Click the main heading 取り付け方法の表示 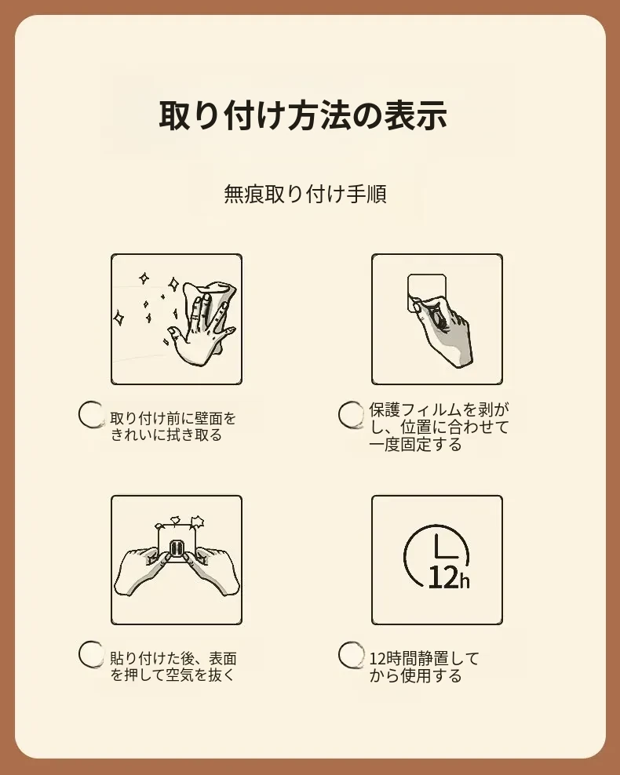[x=303, y=115]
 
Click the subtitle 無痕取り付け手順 [x=305, y=193]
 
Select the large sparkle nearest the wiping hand [x=173, y=284]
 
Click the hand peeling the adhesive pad [x=443, y=329]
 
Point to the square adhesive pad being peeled [x=425, y=292]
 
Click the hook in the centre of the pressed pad [x=177, y=549]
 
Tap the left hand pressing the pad [x=144, y=569]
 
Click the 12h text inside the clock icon [x=448, y=577]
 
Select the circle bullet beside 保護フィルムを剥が [x=352, y=414]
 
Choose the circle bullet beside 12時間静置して [x=352, y=654]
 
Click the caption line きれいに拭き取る [x=166, y=435]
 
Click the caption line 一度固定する [x=415, y=444]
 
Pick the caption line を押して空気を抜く [x=173, y=675]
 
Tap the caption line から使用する [x=415, y=675]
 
